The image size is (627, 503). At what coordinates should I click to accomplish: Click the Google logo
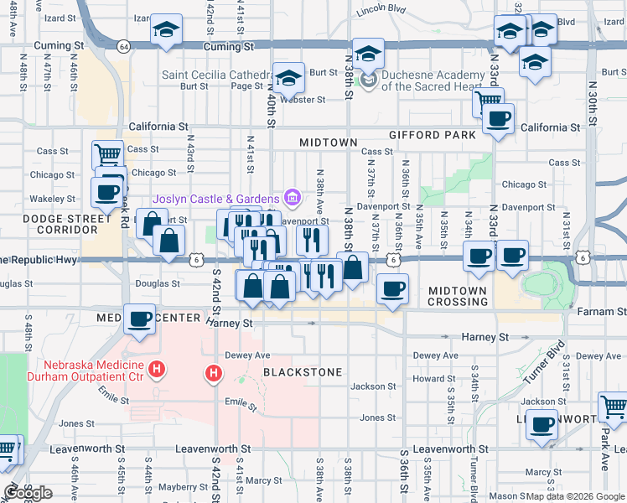click(x=28, y=493)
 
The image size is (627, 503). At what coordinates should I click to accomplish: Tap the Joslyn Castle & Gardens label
click(x=216, y=198)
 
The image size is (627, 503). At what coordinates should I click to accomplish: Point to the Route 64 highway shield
click(x=124, y=46)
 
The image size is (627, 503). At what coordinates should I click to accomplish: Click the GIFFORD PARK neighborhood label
click(x=432, y=135)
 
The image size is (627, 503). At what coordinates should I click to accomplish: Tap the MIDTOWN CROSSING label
click(x=458, y=296)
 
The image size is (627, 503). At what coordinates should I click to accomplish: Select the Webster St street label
click(x=303, y=99)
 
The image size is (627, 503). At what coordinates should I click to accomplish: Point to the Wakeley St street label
click(x=52, y=199)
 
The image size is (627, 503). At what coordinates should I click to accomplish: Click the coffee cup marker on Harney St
click(x=140, y=319)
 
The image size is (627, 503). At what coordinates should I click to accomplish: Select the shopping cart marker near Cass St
click(x=107, y=154)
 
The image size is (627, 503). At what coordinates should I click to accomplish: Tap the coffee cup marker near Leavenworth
click(x=542, y=425)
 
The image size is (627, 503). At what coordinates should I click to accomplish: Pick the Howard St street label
click(x=433, y=379)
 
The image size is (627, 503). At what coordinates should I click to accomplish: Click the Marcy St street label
click(x=264, y=480)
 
